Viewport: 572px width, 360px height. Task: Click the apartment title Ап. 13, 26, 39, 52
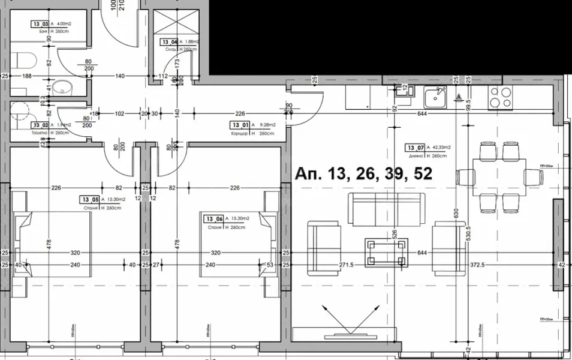click(x=364, y=174)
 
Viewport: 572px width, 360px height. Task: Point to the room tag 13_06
click(x=213, y=218)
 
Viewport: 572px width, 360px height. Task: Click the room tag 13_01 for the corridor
click(x=239, y=125)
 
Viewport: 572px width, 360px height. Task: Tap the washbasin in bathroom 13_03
click(x=62, y=88)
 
